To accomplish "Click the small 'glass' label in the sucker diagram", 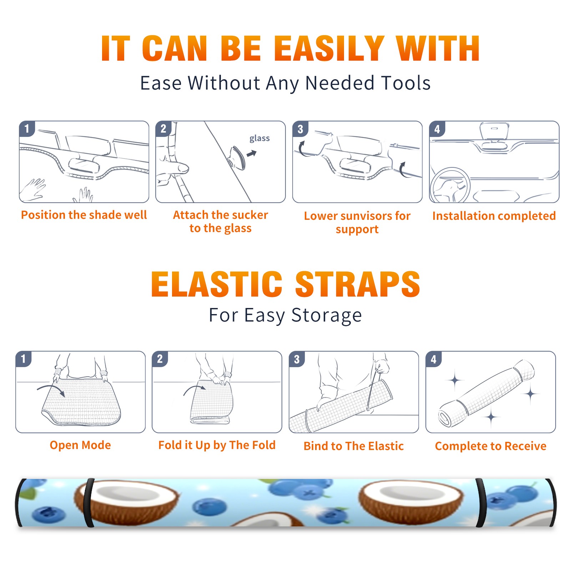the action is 259,138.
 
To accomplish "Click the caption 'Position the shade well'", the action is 84,215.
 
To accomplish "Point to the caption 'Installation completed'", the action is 494,216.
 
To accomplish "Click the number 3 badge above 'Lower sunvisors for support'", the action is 300,129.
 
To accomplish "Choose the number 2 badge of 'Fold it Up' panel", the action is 160,359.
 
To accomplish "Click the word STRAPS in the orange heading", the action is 358,284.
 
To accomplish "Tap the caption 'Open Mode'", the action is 80,445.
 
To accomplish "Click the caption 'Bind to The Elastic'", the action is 354,446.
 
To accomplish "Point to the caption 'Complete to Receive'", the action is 491,446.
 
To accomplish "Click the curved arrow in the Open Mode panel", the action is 51,388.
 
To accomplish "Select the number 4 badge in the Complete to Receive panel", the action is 434,359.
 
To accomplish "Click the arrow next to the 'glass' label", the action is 252,153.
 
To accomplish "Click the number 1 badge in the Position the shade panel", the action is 27,129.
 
